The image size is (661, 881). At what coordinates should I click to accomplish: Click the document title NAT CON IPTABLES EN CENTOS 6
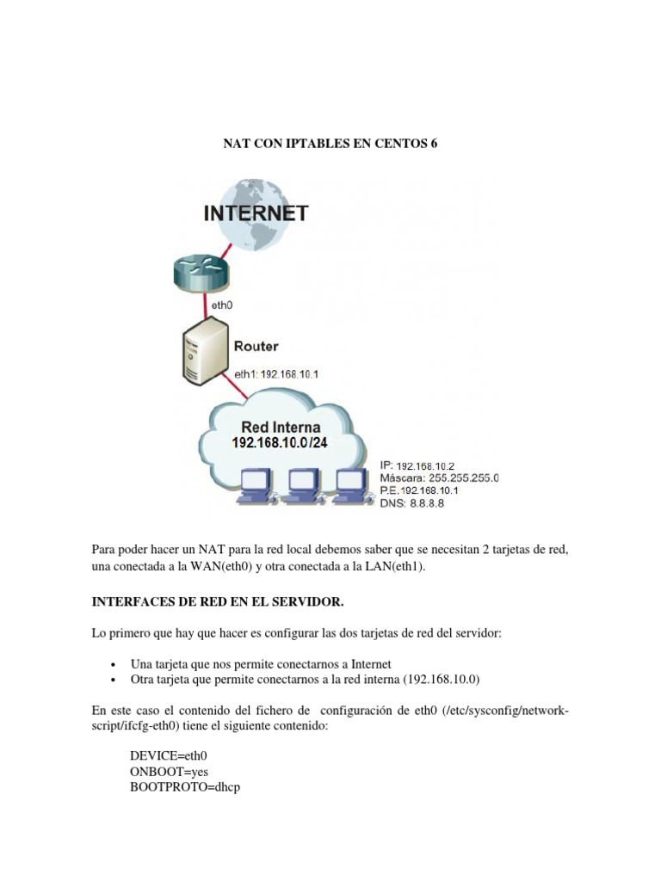click(x=330, y=145)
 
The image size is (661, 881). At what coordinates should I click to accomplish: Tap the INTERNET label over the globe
click(x=256, y=213)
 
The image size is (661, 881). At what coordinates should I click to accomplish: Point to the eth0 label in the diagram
click(x=222, y=305)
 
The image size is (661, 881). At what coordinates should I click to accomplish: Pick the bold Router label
click(x=256, y=346)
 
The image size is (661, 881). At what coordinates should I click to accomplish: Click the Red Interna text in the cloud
click(x=281, y=427)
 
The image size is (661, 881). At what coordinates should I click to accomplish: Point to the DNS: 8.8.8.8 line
click(x=412, y=503)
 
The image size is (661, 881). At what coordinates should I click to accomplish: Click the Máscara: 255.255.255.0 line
click(x=440, y=477)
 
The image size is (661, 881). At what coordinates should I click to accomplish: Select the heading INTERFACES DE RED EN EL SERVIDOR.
click(x=211, y=601)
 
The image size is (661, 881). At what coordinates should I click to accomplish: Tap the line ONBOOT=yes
click(x=169, y=771)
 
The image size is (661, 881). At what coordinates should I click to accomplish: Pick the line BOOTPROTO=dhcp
click(x=185, y=786)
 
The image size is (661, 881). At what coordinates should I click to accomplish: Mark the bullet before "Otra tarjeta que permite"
click(x=114, y=680)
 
